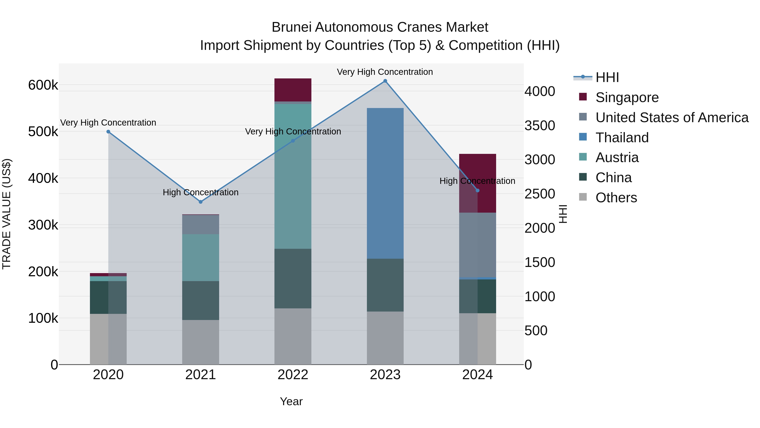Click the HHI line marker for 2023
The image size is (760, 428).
[385, 81]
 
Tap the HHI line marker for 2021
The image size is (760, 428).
[201, 202]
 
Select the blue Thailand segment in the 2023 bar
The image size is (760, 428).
[385, 183]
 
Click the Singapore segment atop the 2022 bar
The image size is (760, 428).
[293, 90]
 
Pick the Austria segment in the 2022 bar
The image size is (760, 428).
[293, 176]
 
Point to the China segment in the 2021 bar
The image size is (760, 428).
[201, 300]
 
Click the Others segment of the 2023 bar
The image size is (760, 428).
[385, 338]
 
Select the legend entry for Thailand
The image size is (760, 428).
[622, 138]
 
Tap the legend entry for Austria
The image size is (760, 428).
[617, 158]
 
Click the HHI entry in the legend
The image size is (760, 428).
[607, 77]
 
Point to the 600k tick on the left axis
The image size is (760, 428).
[43, 85]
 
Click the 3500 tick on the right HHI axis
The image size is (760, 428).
[540, 126]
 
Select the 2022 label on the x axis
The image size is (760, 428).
[293, 375]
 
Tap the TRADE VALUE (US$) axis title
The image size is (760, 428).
[7, 214]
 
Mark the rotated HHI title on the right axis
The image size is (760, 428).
[563, 214]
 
